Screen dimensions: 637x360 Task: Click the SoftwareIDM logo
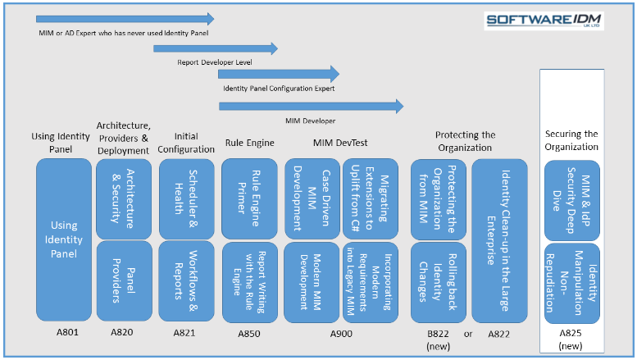(544, 21)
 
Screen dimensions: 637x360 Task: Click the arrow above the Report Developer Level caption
(216, 48)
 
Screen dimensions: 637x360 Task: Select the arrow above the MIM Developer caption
(312, 107)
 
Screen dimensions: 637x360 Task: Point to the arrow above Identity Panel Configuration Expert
(279, 74)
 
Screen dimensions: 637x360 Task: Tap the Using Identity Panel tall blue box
(64, 239)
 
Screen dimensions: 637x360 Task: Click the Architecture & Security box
(124, 198)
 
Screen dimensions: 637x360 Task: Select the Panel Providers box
(124, 280)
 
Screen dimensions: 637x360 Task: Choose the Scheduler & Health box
(186, 198)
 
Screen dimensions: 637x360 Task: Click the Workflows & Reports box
(186, 280)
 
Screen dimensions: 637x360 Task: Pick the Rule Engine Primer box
(249, 198)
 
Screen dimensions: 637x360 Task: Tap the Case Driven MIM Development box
(312, 198)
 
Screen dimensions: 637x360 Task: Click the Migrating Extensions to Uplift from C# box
(370, 198)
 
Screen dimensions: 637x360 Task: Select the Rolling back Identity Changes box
(439, 282)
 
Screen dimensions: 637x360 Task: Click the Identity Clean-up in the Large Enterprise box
(499, 240)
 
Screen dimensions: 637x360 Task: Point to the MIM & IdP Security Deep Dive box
(572, 201)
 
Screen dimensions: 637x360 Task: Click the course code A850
(249, 334)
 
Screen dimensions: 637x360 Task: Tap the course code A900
(341, 334)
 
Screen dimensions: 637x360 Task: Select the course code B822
(438, 334)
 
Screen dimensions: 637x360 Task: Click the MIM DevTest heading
(340, 143)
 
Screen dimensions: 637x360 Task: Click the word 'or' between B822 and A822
(468, 335)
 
